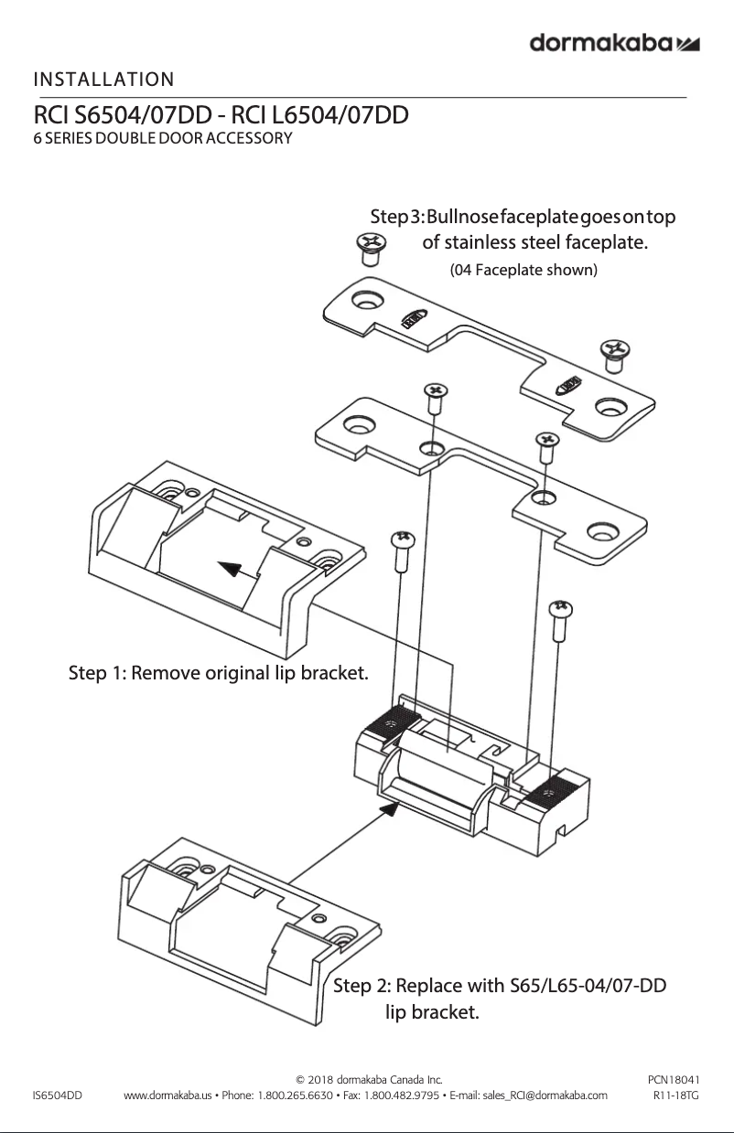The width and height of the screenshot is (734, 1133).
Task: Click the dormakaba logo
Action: (615, 44)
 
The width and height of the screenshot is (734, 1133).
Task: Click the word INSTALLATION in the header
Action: (103, 80)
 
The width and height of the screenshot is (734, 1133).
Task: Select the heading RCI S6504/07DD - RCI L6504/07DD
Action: (221, 117)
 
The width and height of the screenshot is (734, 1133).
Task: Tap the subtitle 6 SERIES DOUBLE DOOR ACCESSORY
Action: (162, 139)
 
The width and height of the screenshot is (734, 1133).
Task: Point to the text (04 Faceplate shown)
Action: (524, 270)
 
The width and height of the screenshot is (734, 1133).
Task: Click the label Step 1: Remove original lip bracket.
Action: (219, 674)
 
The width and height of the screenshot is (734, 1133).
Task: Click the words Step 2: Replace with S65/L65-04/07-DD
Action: (499, 986)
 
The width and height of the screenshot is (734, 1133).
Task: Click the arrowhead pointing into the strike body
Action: (391, 806)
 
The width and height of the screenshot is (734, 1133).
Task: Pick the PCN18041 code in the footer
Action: (674, 1080)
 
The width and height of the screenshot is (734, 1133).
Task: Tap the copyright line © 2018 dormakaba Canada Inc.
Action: (371, 1080)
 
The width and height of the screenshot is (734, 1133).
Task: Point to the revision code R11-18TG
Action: (676, 1095)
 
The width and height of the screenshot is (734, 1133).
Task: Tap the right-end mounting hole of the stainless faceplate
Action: (602, 529)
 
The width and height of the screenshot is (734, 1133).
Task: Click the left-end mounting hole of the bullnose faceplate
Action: (368, 301)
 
